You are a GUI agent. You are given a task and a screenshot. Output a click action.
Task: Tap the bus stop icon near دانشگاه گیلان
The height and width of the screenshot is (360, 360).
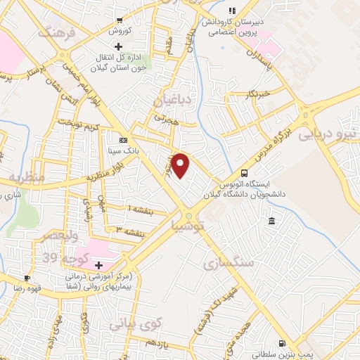(x=244, y=173)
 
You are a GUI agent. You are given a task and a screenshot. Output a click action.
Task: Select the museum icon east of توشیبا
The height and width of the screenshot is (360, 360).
(x=271, y=222)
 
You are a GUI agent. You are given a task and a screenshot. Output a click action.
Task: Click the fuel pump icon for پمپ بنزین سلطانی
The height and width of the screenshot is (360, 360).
(x=283, y=344)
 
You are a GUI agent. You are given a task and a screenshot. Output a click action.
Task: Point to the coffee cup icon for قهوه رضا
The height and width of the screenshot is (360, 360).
(x=26, y=278)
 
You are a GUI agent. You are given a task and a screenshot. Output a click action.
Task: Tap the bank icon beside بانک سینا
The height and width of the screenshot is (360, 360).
(x=124, y=140)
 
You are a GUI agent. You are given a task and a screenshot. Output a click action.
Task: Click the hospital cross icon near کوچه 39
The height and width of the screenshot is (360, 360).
(x=100, y=265)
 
